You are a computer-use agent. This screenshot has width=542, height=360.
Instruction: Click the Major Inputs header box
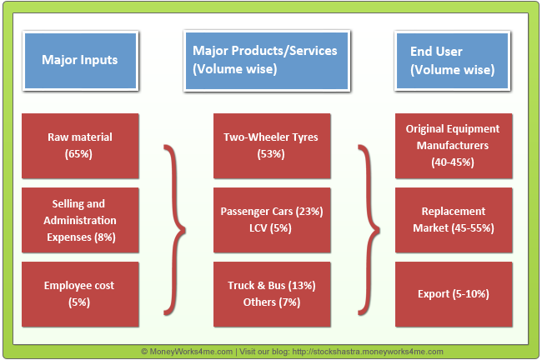[79, 60]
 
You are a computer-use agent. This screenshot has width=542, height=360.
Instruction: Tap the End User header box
[452, 60]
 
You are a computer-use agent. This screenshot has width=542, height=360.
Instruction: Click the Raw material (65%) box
[80, 145]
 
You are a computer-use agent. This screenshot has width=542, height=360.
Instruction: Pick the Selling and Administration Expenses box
[80, 220]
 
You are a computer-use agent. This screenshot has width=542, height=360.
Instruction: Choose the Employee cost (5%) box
[80, 293]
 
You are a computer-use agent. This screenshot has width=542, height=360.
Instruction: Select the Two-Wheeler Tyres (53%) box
[272, 145]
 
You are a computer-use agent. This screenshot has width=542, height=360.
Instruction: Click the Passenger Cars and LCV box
[272, 220]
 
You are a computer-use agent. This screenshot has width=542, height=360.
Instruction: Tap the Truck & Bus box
[272, 293]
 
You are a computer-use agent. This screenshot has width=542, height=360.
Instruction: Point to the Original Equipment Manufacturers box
[453, 145]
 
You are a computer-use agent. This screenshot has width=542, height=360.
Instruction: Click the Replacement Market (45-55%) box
[453, 220]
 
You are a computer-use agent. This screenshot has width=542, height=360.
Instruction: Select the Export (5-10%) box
[453, 293]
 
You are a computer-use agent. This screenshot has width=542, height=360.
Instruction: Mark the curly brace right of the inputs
[173, 227]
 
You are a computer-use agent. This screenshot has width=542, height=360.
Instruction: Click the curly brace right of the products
[368, 227]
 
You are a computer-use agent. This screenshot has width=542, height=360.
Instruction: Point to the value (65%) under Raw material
[80, 153]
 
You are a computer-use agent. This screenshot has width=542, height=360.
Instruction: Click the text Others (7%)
[272, 302]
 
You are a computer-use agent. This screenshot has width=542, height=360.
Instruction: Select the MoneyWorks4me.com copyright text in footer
[187, 352]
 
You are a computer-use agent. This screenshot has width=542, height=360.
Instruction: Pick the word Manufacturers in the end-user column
[453, 145]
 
